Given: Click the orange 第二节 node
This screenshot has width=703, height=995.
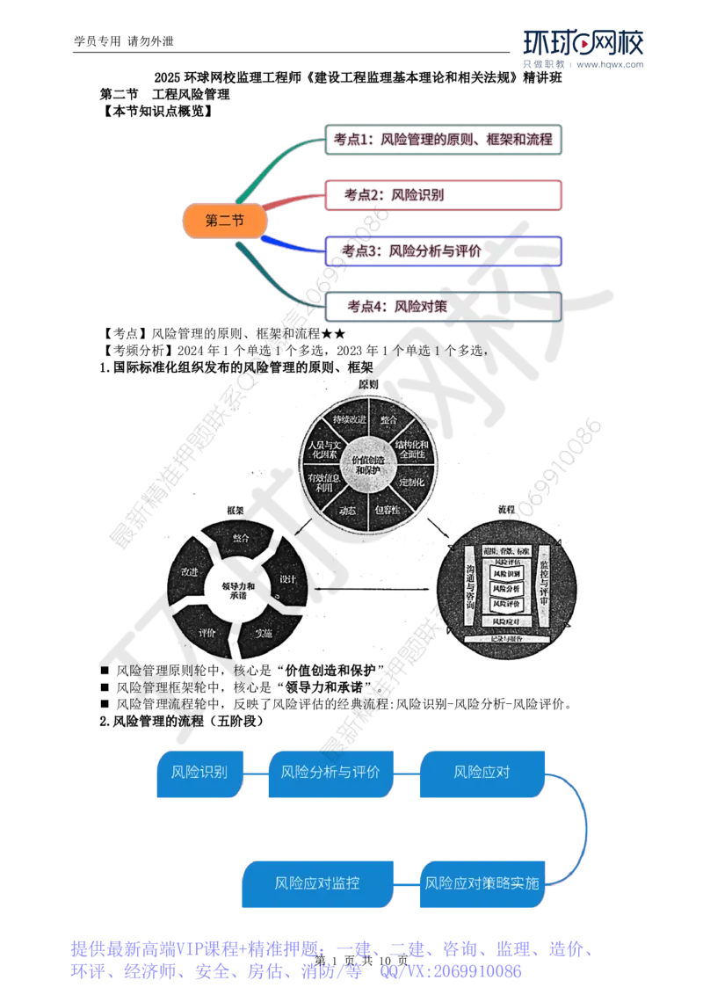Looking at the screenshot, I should tap(224, 222).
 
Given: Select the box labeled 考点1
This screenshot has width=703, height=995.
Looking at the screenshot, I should tap(442, 140).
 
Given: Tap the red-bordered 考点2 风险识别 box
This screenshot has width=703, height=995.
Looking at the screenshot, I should tap(442, 195).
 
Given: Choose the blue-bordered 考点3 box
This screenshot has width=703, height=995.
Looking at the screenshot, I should tap(442, 251).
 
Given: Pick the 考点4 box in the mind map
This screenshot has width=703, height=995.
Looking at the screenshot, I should tap(442, 306).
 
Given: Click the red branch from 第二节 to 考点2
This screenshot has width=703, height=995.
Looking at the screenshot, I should tap(294, 202).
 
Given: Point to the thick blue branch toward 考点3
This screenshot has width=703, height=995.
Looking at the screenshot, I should tap(294, 243).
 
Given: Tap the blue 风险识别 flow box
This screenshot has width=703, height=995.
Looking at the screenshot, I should tap(199, 774).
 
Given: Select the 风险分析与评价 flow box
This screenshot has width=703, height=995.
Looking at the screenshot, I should tap(330, 774).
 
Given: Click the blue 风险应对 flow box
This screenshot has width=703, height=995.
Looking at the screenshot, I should tap(482, 774).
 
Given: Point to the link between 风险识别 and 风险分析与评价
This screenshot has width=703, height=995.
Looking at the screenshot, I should tap(255, 774).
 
